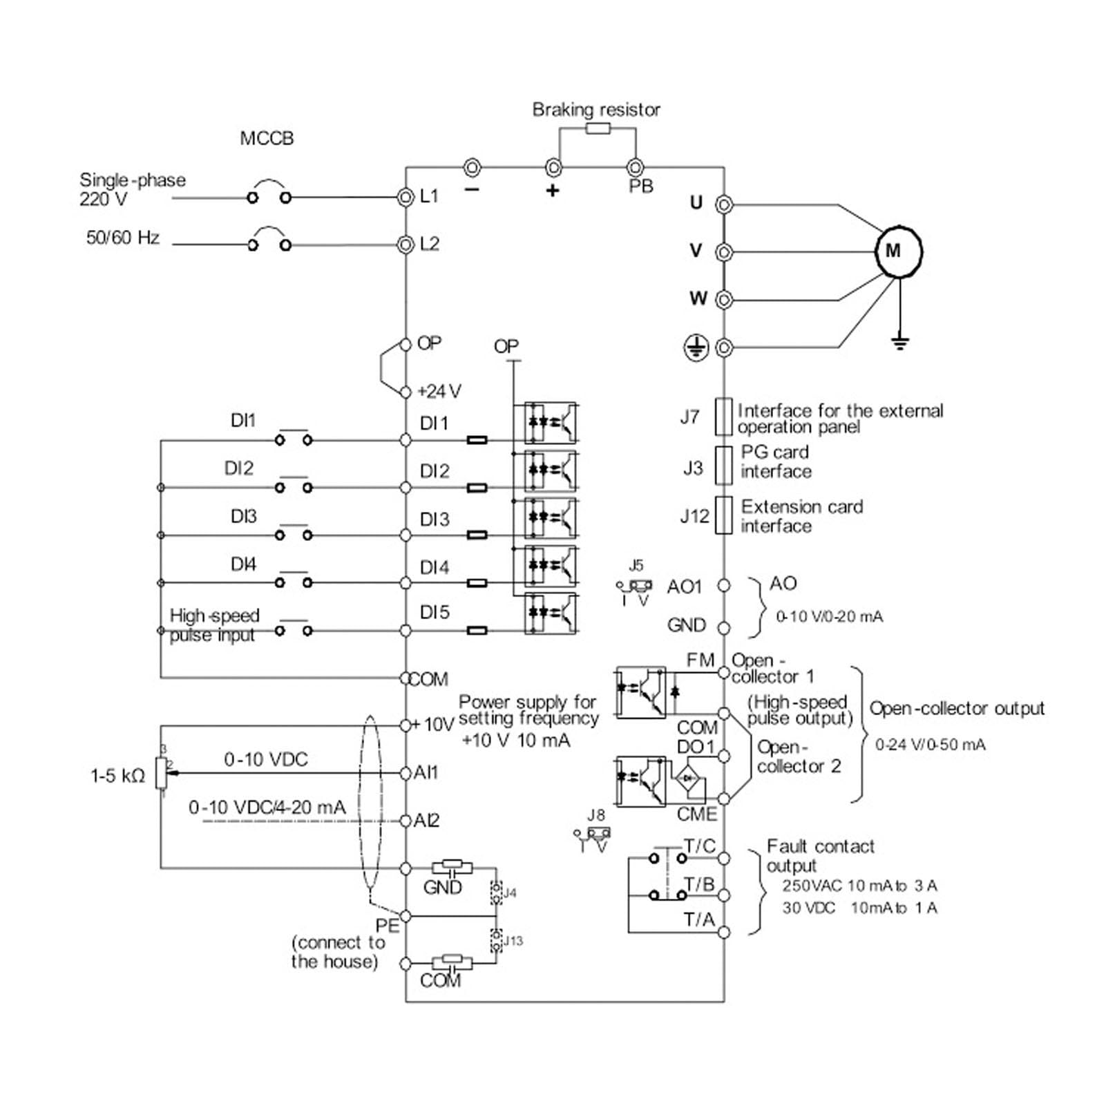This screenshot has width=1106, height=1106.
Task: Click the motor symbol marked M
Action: pos(899,251)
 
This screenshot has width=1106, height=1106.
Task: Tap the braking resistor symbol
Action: pos(598,128)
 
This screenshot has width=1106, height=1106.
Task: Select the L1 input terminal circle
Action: pos(406,198)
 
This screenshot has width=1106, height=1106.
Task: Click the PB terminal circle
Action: pos(635,167)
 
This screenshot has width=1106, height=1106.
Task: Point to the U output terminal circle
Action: pos(723,204)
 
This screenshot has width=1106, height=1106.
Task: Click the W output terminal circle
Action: pos(723,300)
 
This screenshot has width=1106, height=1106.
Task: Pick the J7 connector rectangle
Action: pos(723,417)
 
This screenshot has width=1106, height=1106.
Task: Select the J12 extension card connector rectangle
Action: pos(723,515)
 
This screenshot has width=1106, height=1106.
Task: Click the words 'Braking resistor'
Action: pos(595,109)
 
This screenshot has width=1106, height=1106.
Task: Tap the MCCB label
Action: pos(267,139)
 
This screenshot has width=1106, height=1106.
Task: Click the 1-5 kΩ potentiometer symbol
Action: pos(162,772)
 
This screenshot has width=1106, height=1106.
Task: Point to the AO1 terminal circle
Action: pos(723,586)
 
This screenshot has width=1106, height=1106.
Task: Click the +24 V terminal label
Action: pos(439,392)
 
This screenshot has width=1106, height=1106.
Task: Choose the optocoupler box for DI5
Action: pos(551,613)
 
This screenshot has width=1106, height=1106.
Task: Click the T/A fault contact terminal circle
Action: pos(723,932)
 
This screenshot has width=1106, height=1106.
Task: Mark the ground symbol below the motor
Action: pos(899,342)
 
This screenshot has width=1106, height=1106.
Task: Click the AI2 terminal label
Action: pos(426,821)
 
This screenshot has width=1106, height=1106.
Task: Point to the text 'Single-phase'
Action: pos(133,180)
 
